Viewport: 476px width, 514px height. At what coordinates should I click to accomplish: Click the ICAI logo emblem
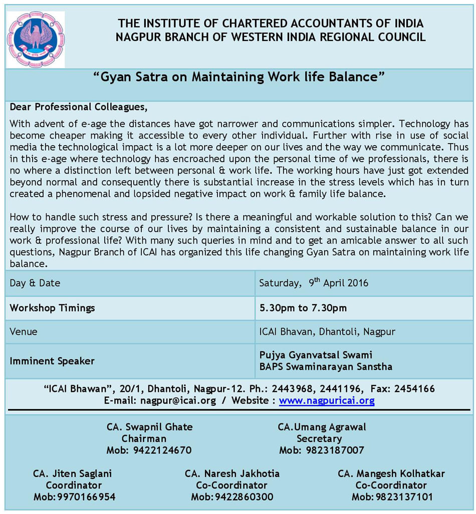pyautogui.click(x=36, y=39)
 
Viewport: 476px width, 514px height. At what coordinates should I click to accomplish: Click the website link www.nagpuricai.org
pyautogui.click(x=327, y=400)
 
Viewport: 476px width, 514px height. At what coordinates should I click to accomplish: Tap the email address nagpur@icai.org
pyautogui.click(x=178, y=400)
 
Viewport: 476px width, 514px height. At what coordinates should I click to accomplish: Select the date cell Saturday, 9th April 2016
pyautogui.click(x=314, y=283)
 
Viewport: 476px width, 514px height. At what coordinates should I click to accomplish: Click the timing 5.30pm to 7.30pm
pyautogui.click(x=303, y=307)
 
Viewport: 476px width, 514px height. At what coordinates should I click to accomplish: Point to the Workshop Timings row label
pyautogui.click(x=52, y=307)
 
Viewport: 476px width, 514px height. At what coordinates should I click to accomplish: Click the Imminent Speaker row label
pyautogui.click(x=52, y=361)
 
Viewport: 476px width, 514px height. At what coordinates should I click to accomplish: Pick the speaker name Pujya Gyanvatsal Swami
pyautogui.click(x=316, y=355)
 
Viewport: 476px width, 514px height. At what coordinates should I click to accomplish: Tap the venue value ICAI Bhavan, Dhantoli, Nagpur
pyautogui.click(x=327, y=331)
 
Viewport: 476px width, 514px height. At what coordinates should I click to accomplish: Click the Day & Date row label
pyautogui.click(x=35, y=283)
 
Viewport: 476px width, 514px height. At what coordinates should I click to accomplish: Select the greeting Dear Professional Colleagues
pyautogui.click(x=79, y=107)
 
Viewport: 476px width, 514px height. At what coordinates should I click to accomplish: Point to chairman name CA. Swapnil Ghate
pyautogui.click(x=149, y=427)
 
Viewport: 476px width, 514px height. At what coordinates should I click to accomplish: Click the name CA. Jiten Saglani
pyautogui.click(x=73, y=473)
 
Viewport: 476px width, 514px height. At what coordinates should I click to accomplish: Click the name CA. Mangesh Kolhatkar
pyautogui.click(x=391, y=473)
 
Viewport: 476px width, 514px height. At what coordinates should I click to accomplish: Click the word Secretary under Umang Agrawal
pyautogui.click(x=319, y=438)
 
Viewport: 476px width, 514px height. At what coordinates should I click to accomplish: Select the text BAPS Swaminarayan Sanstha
pyautogui.click(x=326, y=367)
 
